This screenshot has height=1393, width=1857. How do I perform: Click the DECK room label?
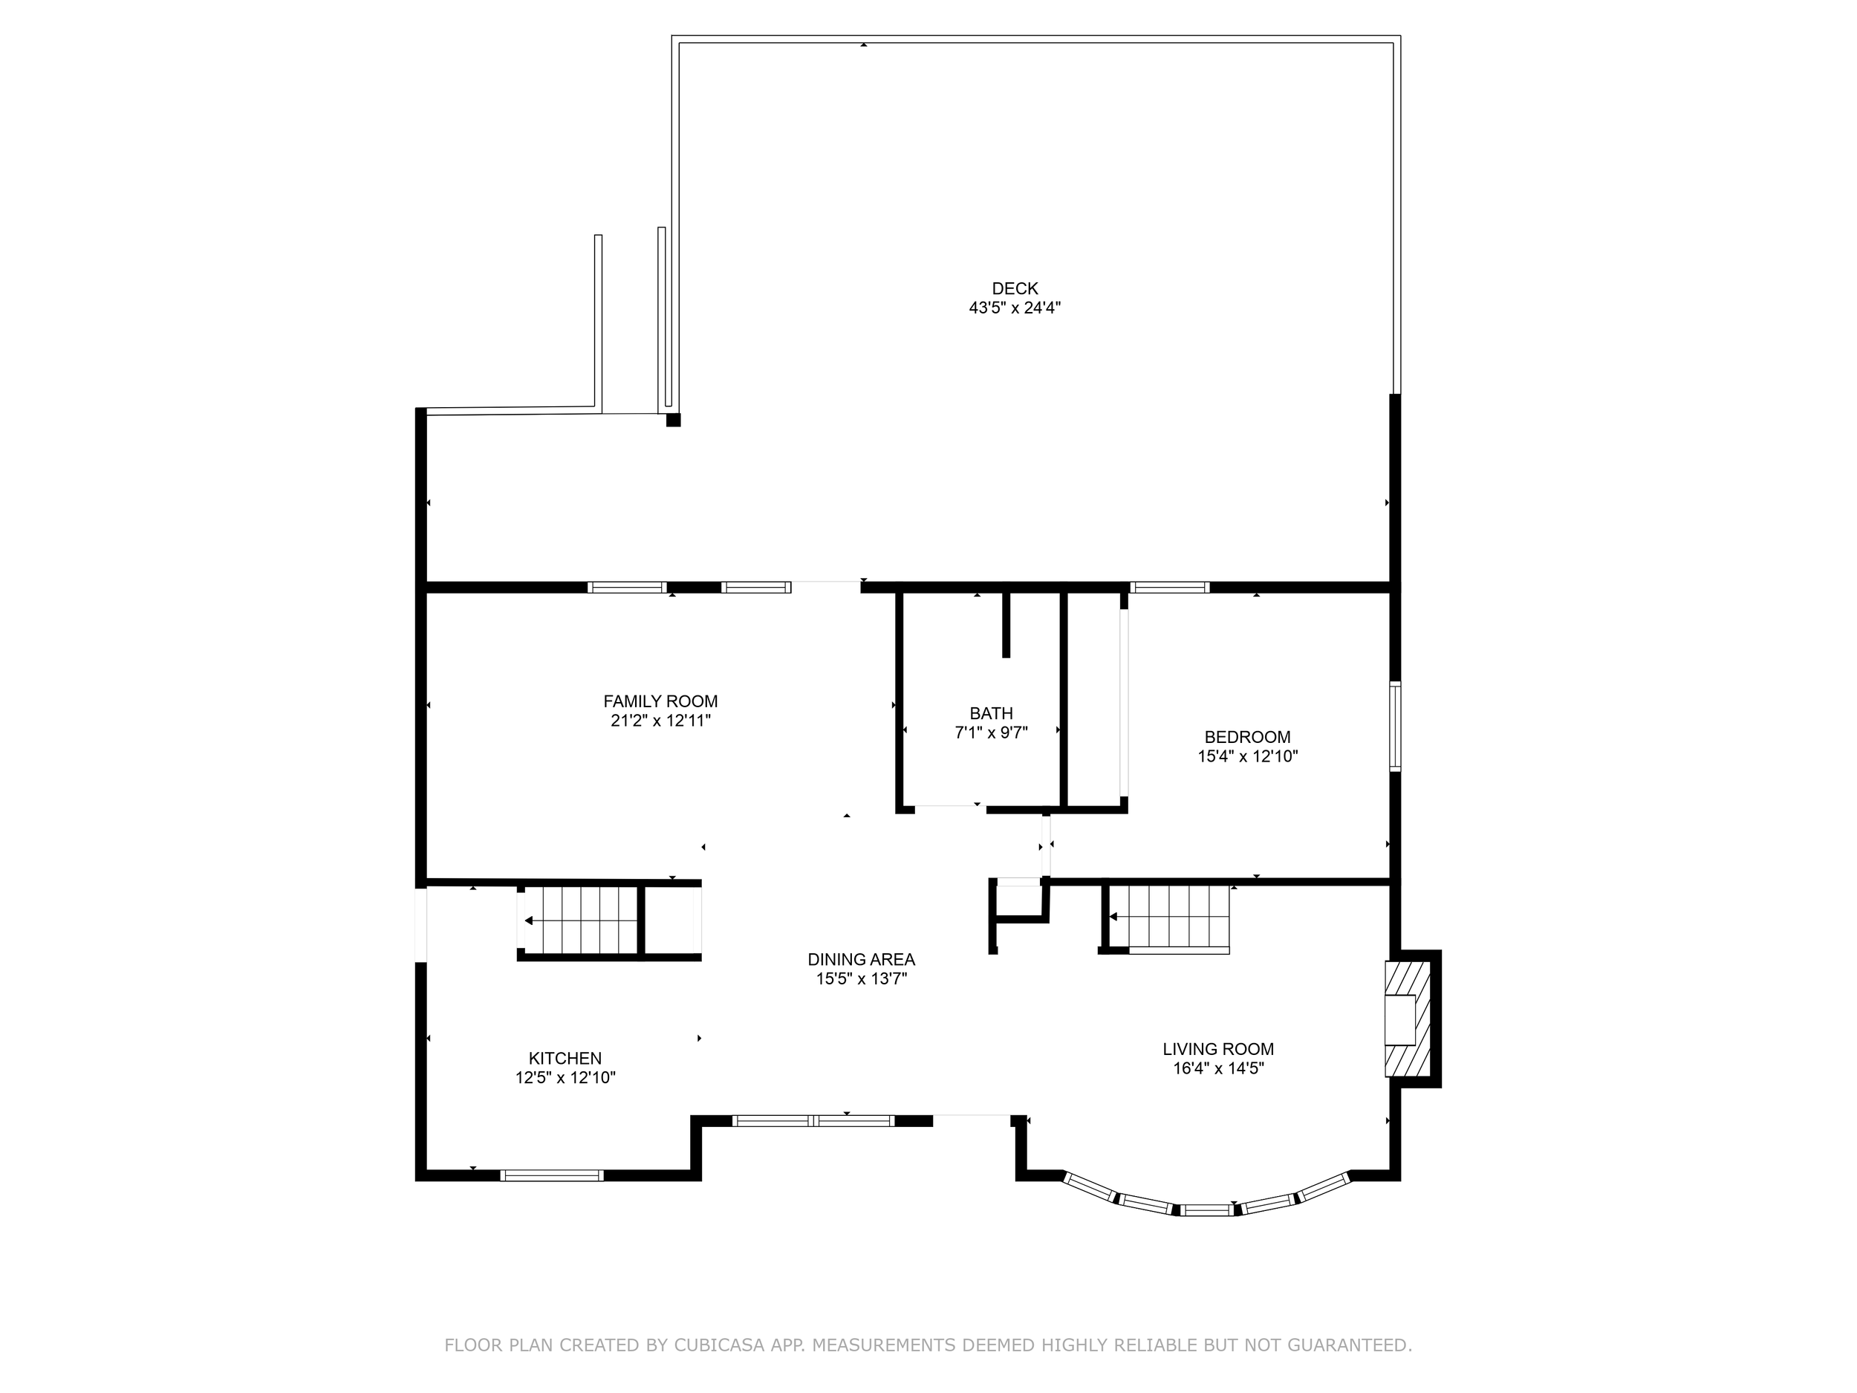pyautogui.click(x=1014, y=288)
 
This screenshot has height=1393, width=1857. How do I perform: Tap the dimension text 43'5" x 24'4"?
pyautogui.click(x=1014, y=308)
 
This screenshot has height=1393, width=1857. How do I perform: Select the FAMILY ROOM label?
pyautogui.click(x=660, y=701)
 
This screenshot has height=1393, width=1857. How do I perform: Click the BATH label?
pyautogui.click(x=991, y=713)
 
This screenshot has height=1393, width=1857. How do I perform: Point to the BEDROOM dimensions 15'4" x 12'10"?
pyautogui.click(x=1246, y=756)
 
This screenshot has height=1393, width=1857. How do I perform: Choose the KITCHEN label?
pyautogui.click(x=565, y=1058)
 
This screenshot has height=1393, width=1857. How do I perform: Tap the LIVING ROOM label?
pyautogui.click(x=1217, y=1049)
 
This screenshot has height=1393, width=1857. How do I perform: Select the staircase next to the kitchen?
pyautogui.click(x=588, y=920)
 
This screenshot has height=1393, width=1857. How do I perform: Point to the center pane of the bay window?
pyautogui.click(x=1207, y=1210)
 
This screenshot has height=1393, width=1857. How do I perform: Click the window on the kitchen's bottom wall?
pyautogui.click(x=552, y=1175)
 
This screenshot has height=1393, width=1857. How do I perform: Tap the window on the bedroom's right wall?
pyautogui.click(x=1394, y=727)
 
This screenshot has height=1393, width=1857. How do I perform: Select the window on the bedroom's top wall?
pyautogui.click(x=1168, y=587)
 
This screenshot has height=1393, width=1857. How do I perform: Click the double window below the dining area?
pyautogui.click(x=813, y=1120)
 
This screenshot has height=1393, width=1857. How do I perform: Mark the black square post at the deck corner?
pyautogui.click(x=672, y=420)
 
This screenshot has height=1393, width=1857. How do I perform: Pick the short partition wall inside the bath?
pyautogui.click(x=1006, y=625)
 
